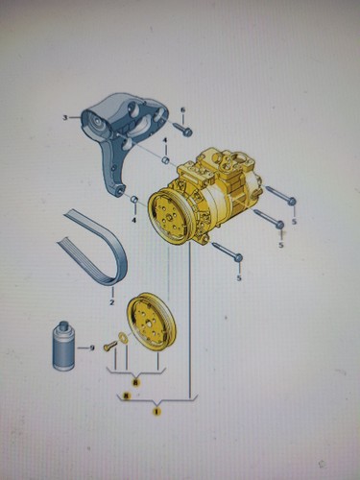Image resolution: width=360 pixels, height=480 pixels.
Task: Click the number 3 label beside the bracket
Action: [x=65, y=118]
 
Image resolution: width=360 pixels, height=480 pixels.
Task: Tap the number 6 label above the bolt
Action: [x=182, y=109]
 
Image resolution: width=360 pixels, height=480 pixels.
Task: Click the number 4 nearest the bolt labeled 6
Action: [x=164, y=142]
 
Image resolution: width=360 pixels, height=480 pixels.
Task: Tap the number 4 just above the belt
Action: [x=134, y=220]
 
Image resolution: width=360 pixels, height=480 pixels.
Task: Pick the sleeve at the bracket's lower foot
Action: [x=135, y=201]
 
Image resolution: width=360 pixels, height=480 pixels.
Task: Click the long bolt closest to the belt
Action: [x=228, y=252]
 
